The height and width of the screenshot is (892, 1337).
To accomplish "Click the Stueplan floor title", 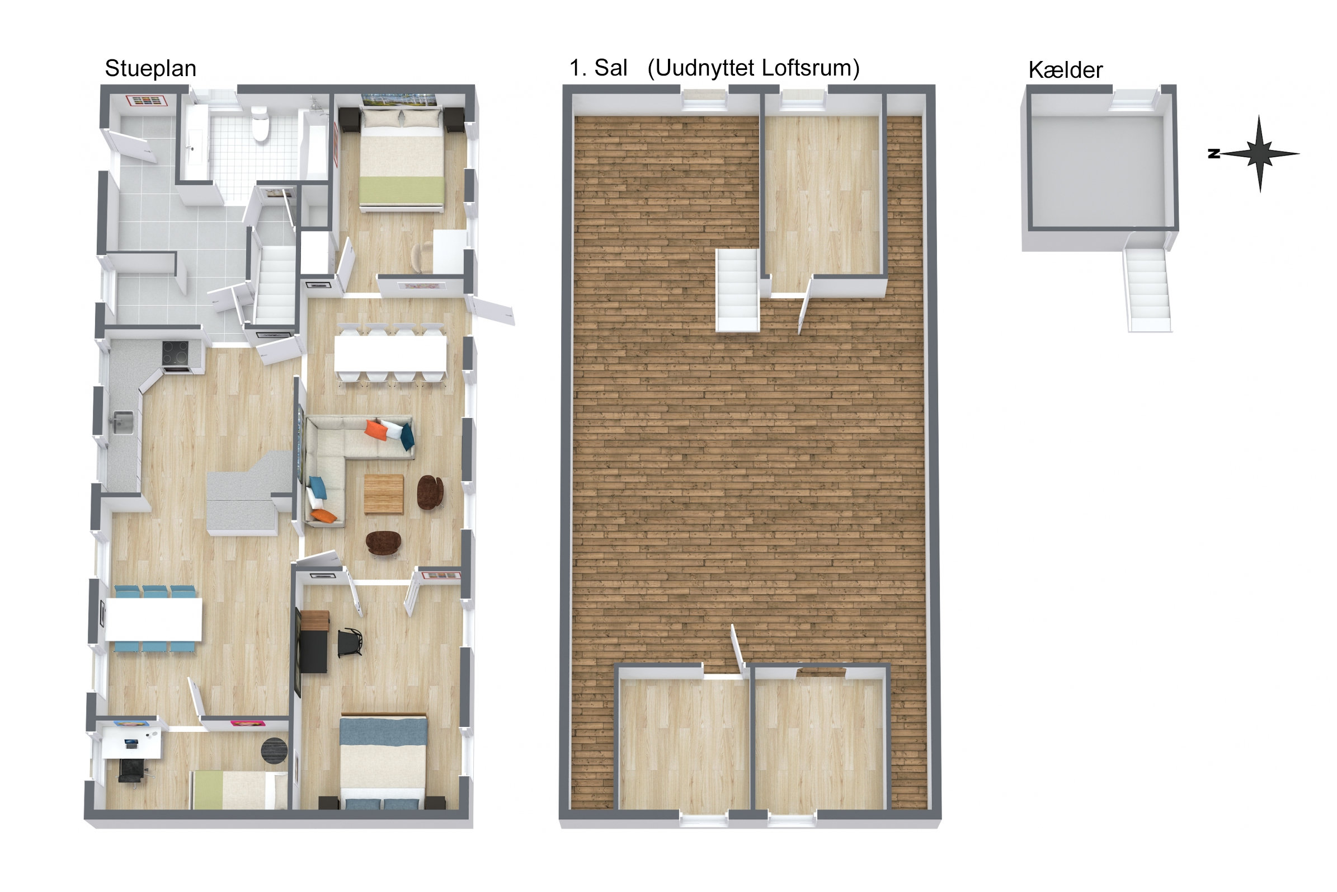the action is [150, 69].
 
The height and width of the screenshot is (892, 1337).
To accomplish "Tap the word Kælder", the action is [1065, 71].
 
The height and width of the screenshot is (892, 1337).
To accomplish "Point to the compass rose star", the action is [1260, 153].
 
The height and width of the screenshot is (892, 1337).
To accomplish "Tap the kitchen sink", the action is [124, 422].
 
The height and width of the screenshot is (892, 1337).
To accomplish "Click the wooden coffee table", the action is [384, 494].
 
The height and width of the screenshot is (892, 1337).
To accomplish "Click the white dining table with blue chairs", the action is [153, 619].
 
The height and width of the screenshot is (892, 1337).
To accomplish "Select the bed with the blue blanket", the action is [383, 761].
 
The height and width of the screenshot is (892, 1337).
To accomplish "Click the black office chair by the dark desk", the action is [350, 643].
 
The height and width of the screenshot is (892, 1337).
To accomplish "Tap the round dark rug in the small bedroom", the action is [274, 750].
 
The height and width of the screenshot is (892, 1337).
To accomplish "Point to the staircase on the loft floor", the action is [737, 290].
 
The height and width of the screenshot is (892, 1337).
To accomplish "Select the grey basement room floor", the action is [1098, 171].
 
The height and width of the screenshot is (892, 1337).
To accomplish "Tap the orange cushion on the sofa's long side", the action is [375, 430].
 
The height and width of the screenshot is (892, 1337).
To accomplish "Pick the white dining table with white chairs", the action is [390, 354].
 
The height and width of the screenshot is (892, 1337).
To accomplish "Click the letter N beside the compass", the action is [1214, 153].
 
